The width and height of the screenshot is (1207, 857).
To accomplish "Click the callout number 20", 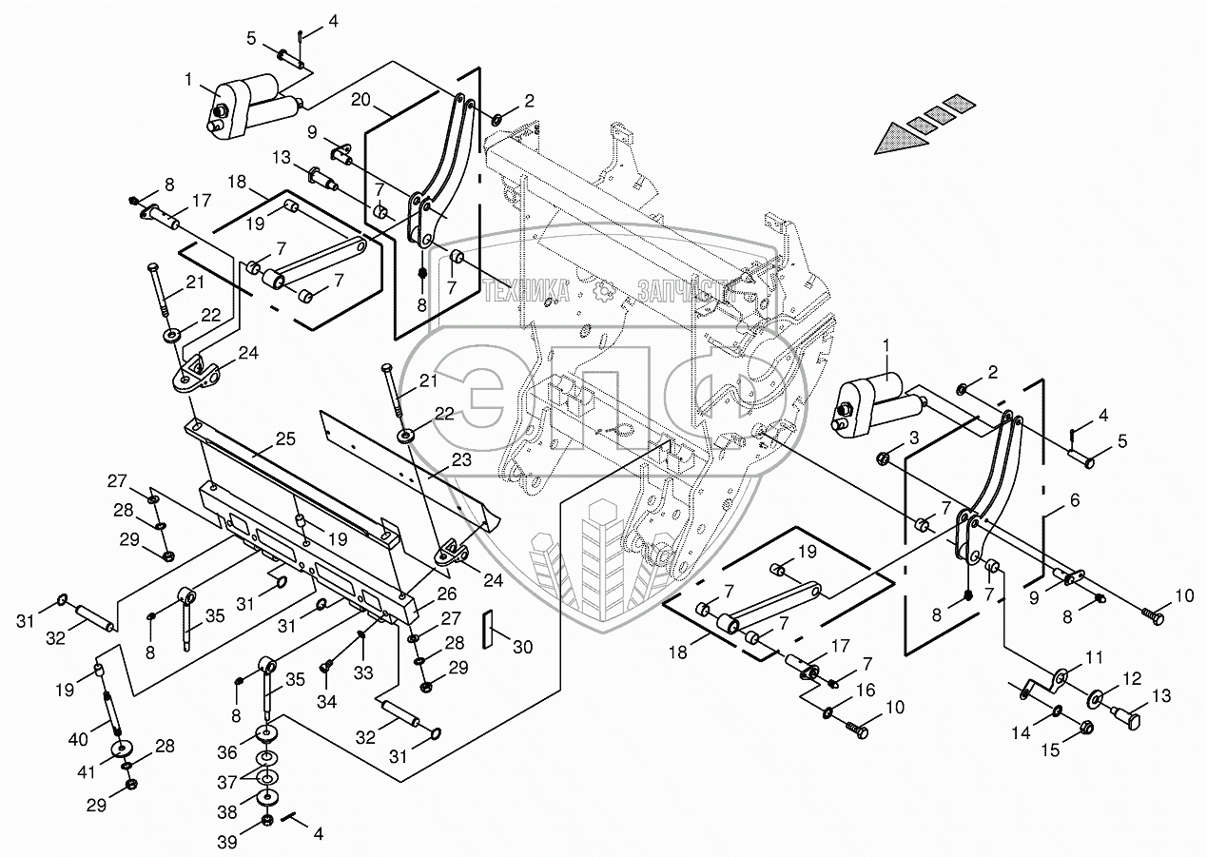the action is click(361, 101).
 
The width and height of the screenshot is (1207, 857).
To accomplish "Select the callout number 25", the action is click(285, 439).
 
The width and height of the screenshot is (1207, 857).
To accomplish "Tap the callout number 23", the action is click(461, 459).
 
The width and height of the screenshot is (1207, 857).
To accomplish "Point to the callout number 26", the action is click(447, 594).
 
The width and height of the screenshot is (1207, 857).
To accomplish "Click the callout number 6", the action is click(1075, 500).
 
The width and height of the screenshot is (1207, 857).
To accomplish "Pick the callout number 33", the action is click(363, 673).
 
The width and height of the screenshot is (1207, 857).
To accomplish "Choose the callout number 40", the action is click(78, 738).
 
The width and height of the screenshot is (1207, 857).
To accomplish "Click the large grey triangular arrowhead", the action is click(903, 139).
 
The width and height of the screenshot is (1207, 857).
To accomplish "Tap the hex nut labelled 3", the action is click(884, 459).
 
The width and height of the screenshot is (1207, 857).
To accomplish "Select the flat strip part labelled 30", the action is click(487, 630).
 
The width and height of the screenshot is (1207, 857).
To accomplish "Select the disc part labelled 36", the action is click(266, 733).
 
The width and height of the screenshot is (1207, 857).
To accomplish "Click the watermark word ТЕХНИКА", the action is click(528, 291).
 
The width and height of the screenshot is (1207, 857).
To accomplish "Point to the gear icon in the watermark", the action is click(605, 291).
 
